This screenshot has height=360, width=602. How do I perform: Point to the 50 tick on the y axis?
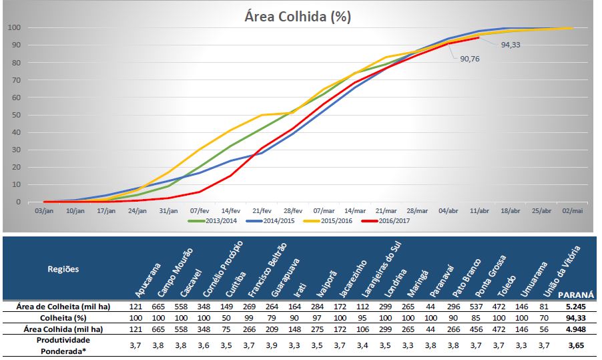click(x=15, y=115)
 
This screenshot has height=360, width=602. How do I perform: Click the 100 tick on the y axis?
click(x=13, y=28)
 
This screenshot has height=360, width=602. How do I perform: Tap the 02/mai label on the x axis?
click(x=573, y=210)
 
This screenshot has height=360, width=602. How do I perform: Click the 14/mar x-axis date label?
click(x=355, y=210)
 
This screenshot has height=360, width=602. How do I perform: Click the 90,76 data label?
click(x=469, y=59)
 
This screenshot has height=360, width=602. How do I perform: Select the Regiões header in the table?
click(x=63, y=269)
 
